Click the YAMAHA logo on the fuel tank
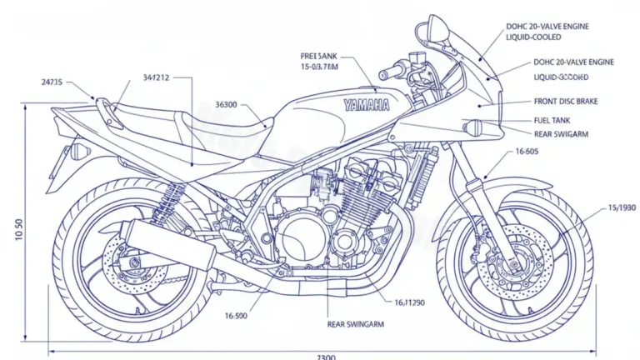(x=366, y=106)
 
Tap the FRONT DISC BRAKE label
(x=565, y=101)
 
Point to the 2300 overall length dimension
(x=327, y=356)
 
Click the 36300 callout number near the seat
(x=227, y=105)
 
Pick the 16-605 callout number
(x=527, y=152)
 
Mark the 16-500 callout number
(x=237, y=316)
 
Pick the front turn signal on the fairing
(x=477, y=128)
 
